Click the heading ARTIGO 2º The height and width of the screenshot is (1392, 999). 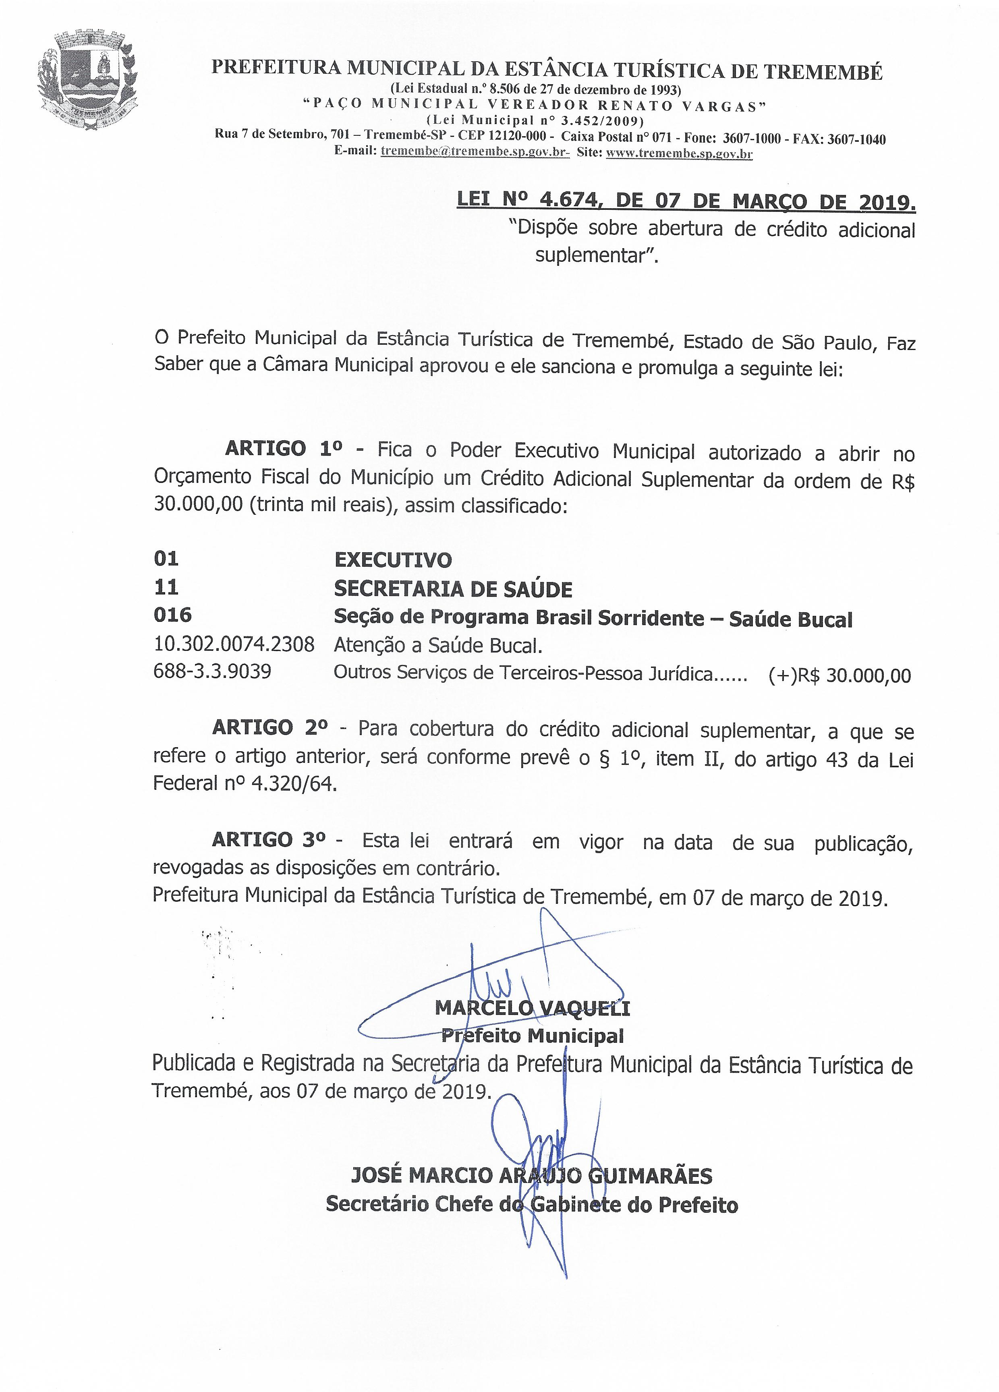(x=269, y=728)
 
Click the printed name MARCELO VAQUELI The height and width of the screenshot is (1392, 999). (x=532, y=1008)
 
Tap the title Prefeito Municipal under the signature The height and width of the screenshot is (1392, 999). (x=532, y=1036)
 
